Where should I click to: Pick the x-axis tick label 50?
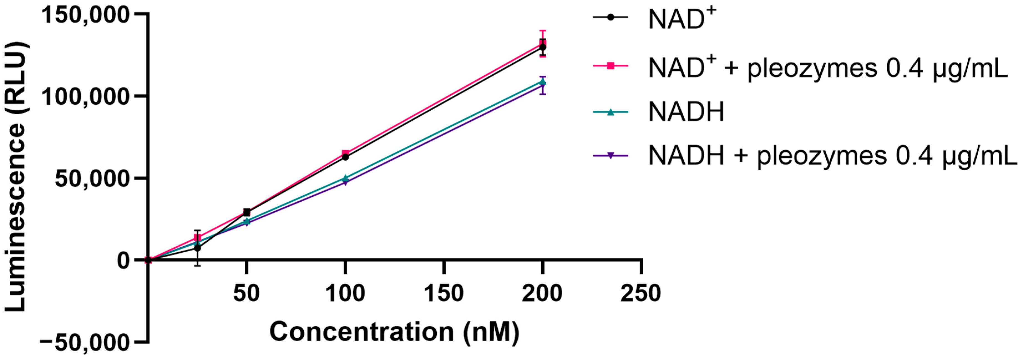(246, 294)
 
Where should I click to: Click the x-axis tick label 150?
(443, 294)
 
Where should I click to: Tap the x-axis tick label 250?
(641, 294)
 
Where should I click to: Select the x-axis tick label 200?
(542, 294)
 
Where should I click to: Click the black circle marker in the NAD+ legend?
(610, 17)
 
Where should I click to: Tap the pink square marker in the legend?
(610, 66)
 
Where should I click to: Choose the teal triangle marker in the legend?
(610, 112)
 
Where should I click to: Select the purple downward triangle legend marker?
(610, 156)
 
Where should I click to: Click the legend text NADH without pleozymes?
(686, 112)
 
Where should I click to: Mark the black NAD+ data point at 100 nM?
(345, 157)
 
